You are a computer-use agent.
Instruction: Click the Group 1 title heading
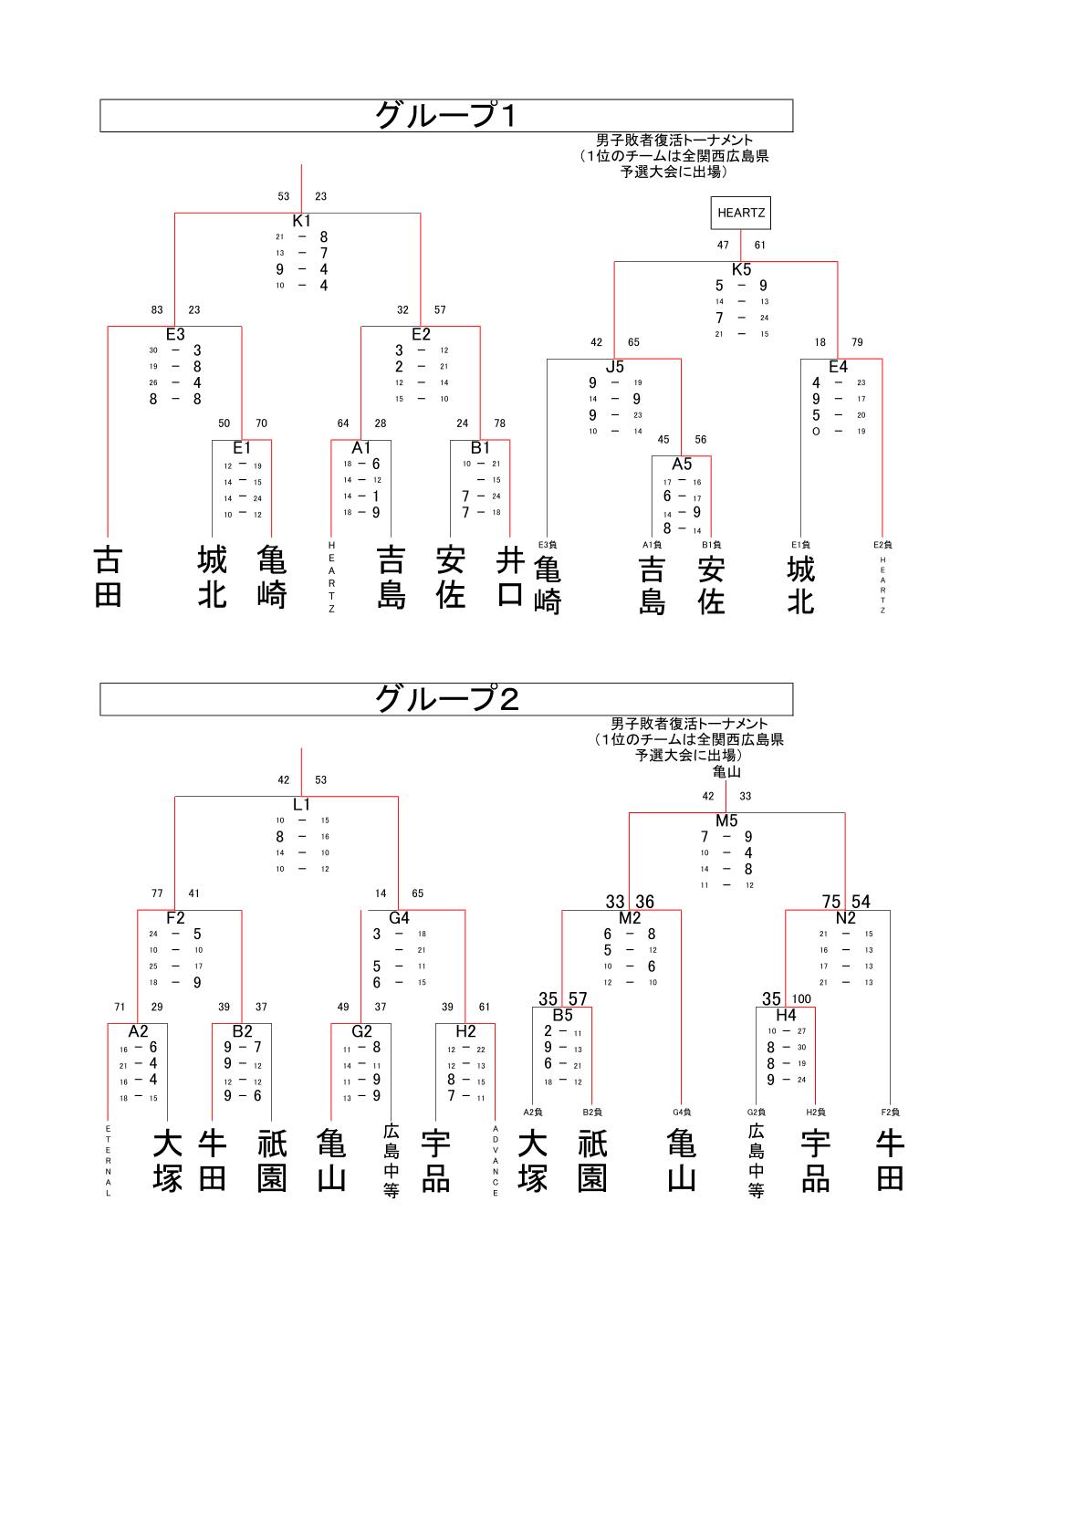(446, 116)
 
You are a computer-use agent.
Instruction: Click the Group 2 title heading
(446, 699)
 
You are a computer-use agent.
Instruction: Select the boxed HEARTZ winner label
(741, 213)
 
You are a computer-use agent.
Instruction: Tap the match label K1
(302, 221)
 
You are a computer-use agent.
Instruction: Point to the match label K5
(741, 269)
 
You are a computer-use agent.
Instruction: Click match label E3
(175, 335)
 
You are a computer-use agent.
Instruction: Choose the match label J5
(615, 367)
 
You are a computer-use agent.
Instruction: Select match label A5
(682, 465)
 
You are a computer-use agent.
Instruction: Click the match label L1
(302, 805)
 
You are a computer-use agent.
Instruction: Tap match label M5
(726, 820)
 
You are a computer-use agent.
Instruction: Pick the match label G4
(400, 918)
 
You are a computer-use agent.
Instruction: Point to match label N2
(845, 918)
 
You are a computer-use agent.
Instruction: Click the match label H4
(786, 1015)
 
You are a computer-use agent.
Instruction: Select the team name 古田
(108, 577)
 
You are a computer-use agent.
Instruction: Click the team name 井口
(510, 577)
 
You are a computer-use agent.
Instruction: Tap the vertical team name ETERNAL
(109, 1161)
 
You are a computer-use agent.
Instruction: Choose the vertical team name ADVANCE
(496, 1161)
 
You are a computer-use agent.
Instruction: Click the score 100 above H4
(801, 999)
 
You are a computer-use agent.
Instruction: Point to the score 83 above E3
(158, 310)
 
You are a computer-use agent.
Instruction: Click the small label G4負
(682, 1112)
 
